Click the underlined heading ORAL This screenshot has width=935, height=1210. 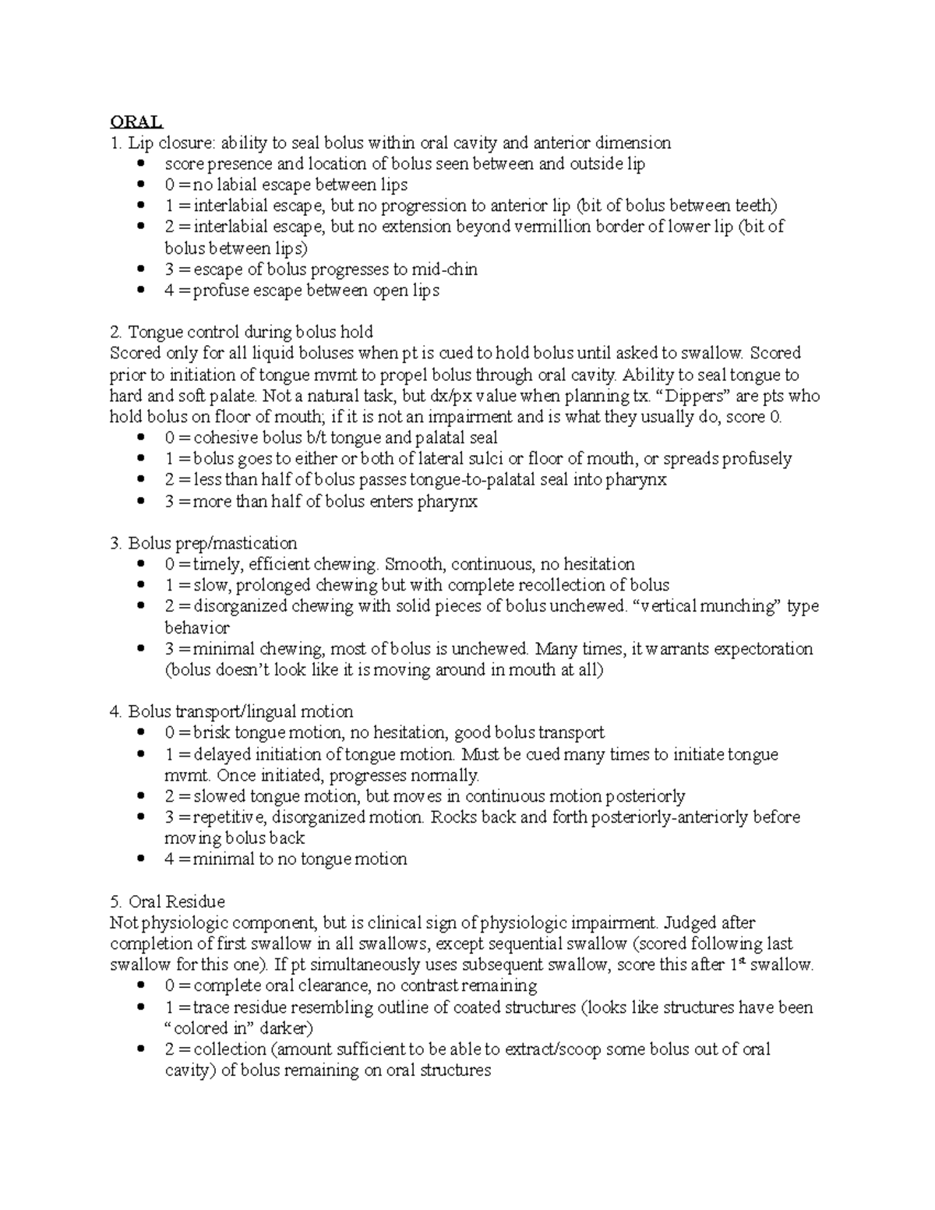coord(136,122)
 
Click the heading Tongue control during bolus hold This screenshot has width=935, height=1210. coord(242,332)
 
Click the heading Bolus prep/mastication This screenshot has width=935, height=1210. coord(203,543)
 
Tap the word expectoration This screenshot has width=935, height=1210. coord(763,649)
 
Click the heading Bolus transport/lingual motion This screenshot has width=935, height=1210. coord(231,711)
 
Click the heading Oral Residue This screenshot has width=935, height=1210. coord(168,901)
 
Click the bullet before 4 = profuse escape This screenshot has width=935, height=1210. coord(140,291)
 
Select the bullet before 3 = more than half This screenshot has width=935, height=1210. coord(140,502)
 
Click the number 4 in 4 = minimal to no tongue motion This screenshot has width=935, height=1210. coord(169,859)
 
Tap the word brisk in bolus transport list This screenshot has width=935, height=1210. coord(211,733)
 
